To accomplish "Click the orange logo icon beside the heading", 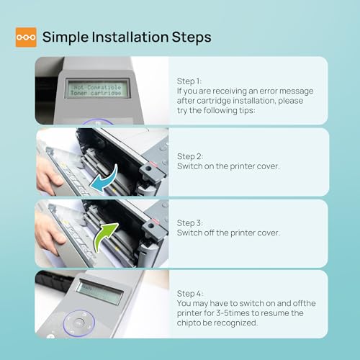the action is [x=26, y=37].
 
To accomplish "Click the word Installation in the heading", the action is [x=130, y=37].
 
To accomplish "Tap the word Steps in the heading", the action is [x=192, y=37].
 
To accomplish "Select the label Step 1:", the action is [x=189, y=81].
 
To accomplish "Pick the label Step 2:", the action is [x=190, y=156].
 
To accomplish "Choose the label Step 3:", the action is [x=190, y=223].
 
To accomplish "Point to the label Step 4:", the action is [x=190, y=294].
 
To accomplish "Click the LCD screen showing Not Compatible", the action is [x=97, y=89].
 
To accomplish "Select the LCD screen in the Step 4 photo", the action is [x=99, y=292].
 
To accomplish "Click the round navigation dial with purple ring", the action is [x=79, y=323].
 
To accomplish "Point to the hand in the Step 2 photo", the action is [x=48, y=175].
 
